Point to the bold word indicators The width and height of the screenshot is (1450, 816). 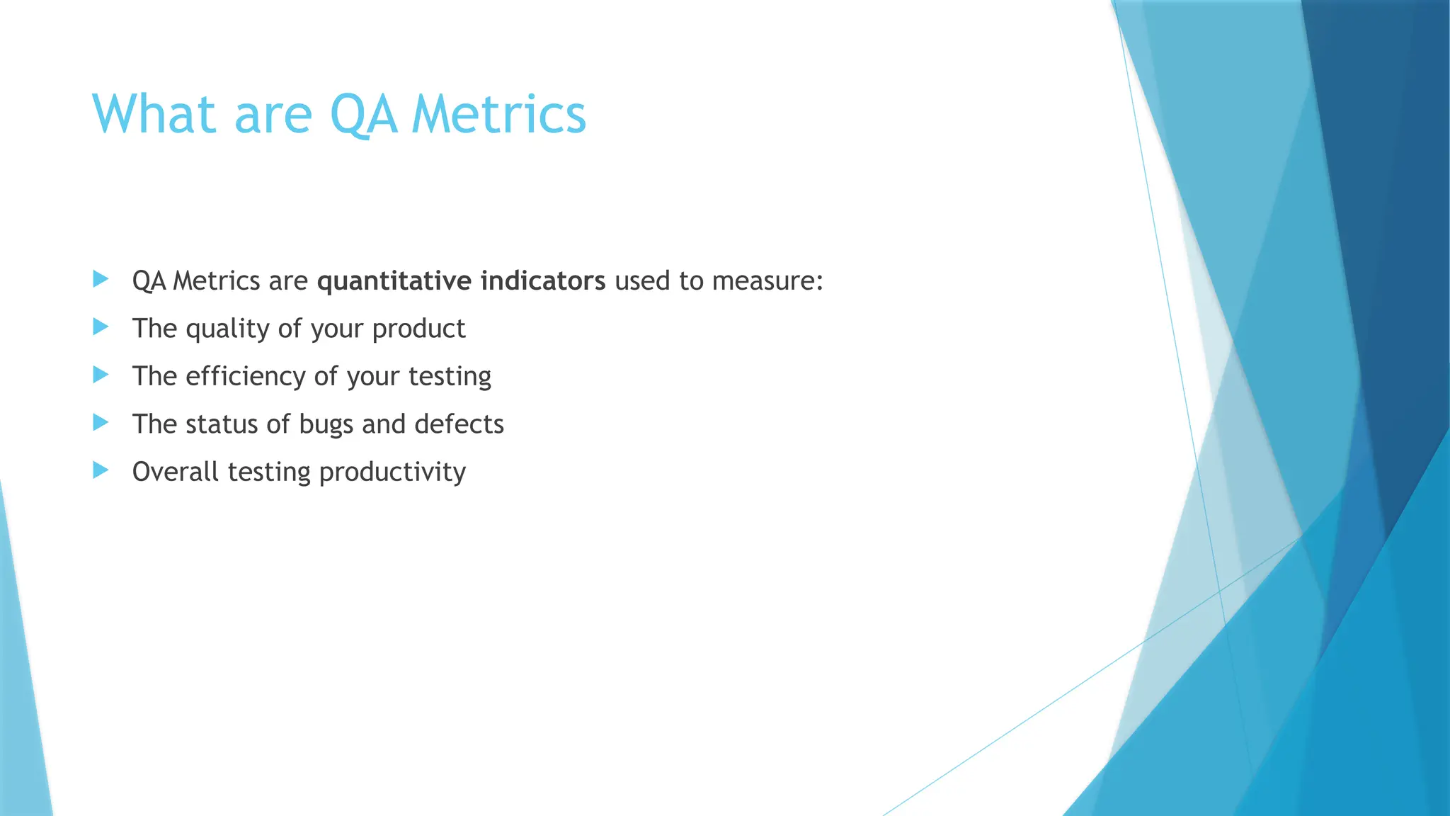(543, 281)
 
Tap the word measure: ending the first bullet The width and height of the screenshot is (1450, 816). (767, 281)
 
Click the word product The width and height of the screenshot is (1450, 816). (418, 329)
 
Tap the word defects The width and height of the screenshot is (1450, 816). (459, 424)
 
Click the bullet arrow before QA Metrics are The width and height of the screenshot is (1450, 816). (101, 279)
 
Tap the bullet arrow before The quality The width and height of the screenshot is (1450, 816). (101, 327)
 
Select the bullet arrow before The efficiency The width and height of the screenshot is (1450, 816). (101, 375)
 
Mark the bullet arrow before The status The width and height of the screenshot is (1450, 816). (101, 423)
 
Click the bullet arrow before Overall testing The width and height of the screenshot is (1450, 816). (101, 470)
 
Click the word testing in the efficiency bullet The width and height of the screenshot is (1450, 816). (450, 377)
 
